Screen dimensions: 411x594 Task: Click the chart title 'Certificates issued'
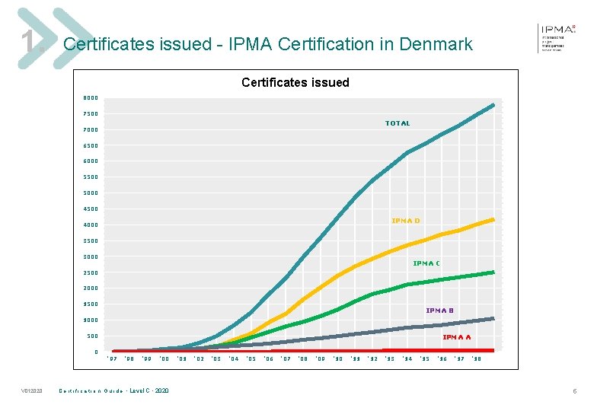(x=295, y=82)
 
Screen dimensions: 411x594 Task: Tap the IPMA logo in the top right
(x=558, y=37)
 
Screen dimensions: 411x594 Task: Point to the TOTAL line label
(x=398, y=123)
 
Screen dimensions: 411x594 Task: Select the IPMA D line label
(x=405, y=221)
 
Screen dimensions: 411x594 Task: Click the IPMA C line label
(x=426, y=263)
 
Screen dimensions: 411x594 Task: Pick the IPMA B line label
(x=439, y=311)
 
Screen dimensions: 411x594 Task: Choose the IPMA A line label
(x=456, y=336)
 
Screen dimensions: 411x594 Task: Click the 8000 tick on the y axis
(x=91, y=98)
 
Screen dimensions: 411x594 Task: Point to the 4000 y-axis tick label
(x=91, y=225)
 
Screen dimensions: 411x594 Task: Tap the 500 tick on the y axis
(x=92, y=336)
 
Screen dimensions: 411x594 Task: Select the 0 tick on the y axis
(x=96, y=352)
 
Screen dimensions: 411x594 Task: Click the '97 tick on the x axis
(x=112, y=358)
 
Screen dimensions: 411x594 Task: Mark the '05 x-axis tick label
(x=251, y=358)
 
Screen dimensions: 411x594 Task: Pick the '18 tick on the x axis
(x=476, y=358)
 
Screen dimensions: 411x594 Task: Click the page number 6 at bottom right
(x=575, y=391)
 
